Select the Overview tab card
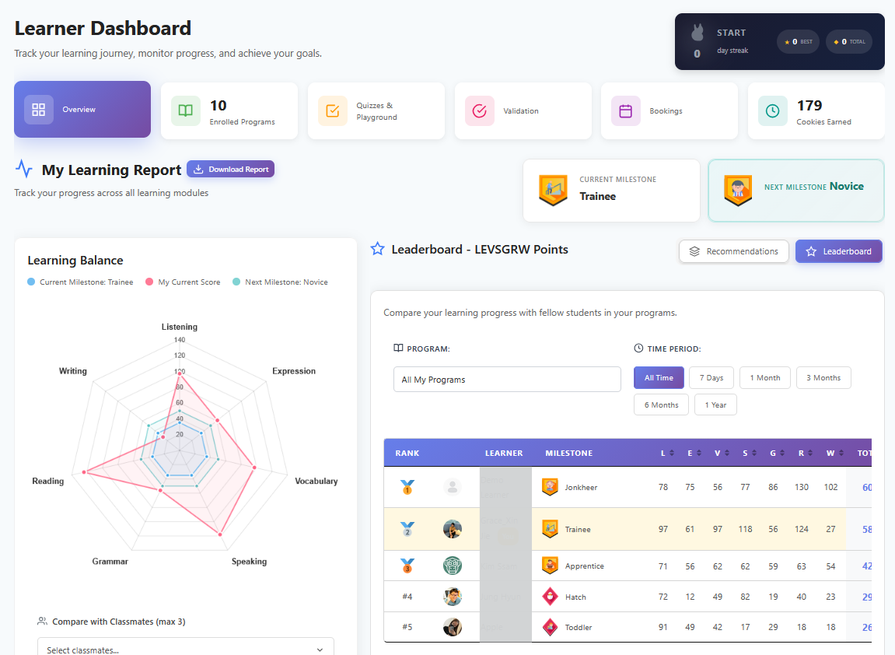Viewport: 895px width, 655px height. pyautogui.click(x=82, y=110)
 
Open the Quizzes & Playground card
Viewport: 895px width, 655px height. pyautogui.click(x=376, y=111)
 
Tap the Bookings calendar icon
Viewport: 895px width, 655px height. pyautogui.click(x=625, y=111)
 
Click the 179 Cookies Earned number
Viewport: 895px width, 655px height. pyautogui.click(x=809, y=105)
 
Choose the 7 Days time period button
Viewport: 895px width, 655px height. pyautogui.click(x=711, y=378)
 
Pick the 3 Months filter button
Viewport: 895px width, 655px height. pyautogui.click(x=823, y=378)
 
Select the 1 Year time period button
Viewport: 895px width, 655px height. pyautogui.click(x=715, y=405)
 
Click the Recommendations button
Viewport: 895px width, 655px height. pyautogui.click(x=733, y=251)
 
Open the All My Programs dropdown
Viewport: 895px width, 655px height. pyautogui.click(x=507, y=380)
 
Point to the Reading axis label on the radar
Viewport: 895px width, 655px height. pyautogui.click(x=48, y=481)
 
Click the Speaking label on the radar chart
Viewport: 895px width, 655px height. pyautogui.click(x=249, y=561)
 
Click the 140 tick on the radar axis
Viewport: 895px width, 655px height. pyautogui.click(x=180, y=340)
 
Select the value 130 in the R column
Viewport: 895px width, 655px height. pyautogui.click(x=801, y=487)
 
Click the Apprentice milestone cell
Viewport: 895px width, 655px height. pyautogui.click(x=584, y=566)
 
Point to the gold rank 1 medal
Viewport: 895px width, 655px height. pyautogui.click(x=407, y=488)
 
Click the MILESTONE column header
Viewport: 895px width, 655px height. pyautogui.click(x=568, y=453)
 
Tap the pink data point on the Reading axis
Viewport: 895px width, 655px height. pyautogui.click(x=84, y=471)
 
